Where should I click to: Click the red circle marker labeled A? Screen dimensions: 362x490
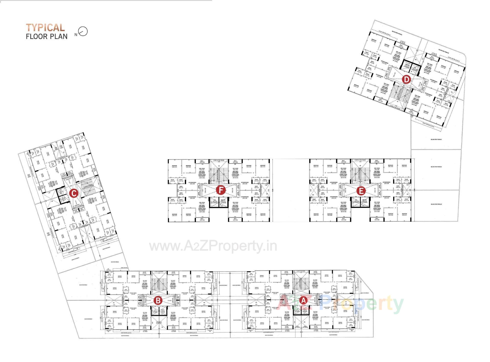[303, 300]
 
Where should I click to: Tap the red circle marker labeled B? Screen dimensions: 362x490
[158, 300]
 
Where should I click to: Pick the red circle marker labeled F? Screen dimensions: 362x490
[220, 190]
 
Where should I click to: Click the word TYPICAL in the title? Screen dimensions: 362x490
[45, 28]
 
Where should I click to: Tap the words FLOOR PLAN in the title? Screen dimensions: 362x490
[47, 36]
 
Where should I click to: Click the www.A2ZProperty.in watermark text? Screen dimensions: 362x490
[213, 246]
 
